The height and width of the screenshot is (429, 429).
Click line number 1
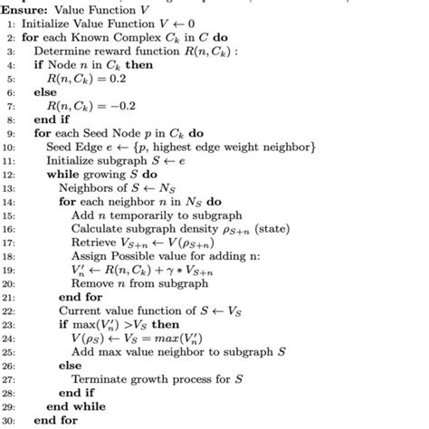pyautogui.click(x=12, y=23)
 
